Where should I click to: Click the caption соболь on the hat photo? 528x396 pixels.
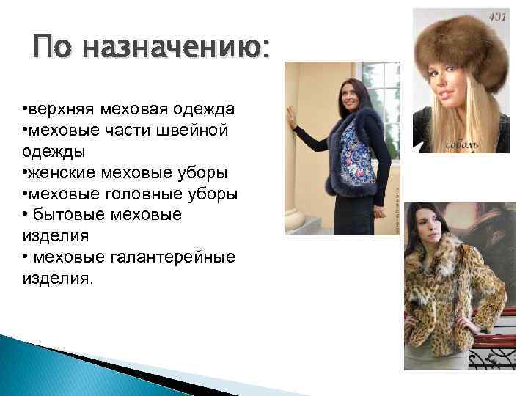click(463, 144)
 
